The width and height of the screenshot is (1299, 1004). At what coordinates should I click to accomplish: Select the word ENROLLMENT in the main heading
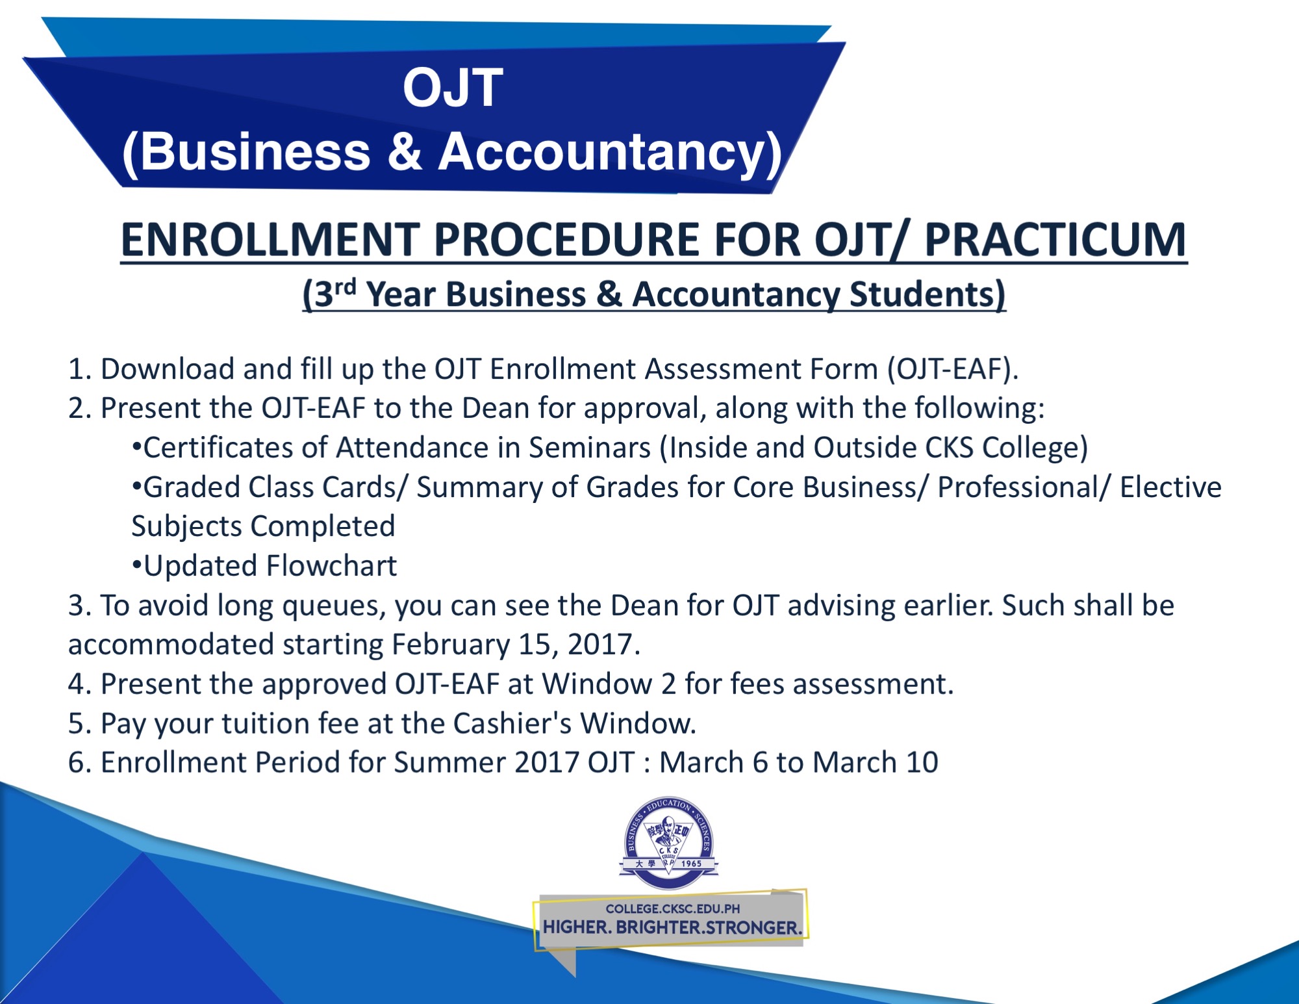271,239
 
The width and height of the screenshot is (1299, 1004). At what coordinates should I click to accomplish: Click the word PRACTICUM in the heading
1055,239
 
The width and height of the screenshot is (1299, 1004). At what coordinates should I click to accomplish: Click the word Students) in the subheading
927,294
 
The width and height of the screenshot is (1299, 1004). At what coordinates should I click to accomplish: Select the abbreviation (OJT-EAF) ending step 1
953,369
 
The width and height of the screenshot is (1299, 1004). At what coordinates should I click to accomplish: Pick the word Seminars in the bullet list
590,448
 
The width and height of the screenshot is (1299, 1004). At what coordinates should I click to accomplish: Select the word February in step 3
451,645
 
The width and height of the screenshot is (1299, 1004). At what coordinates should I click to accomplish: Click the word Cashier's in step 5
512,723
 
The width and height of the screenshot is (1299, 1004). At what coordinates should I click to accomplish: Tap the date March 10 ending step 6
876,762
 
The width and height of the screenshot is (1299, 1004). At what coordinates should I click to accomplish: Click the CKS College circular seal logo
669,843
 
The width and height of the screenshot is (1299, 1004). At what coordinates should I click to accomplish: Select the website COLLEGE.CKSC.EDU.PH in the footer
673,908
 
